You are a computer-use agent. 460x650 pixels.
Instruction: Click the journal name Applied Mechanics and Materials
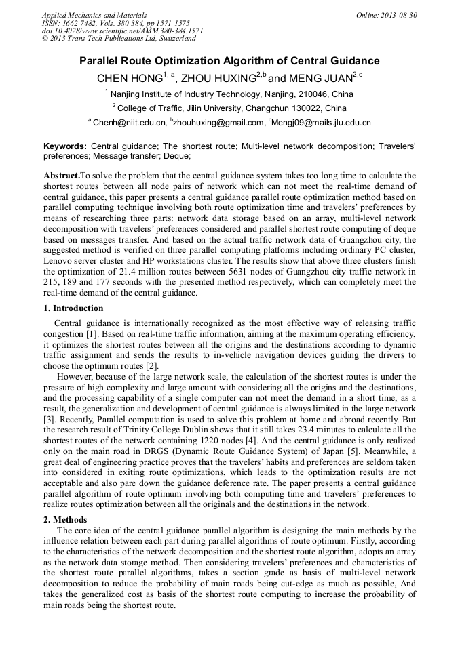coord(94,14)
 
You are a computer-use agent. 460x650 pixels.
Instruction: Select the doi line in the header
coord(122,31)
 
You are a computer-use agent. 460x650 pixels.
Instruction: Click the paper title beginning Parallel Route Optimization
coord(229,61)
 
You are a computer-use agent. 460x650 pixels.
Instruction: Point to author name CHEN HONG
coord(129,78)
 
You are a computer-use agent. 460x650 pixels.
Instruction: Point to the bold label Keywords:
coord(65,146)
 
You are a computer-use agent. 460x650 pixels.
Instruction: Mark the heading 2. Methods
coord(64,520)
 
